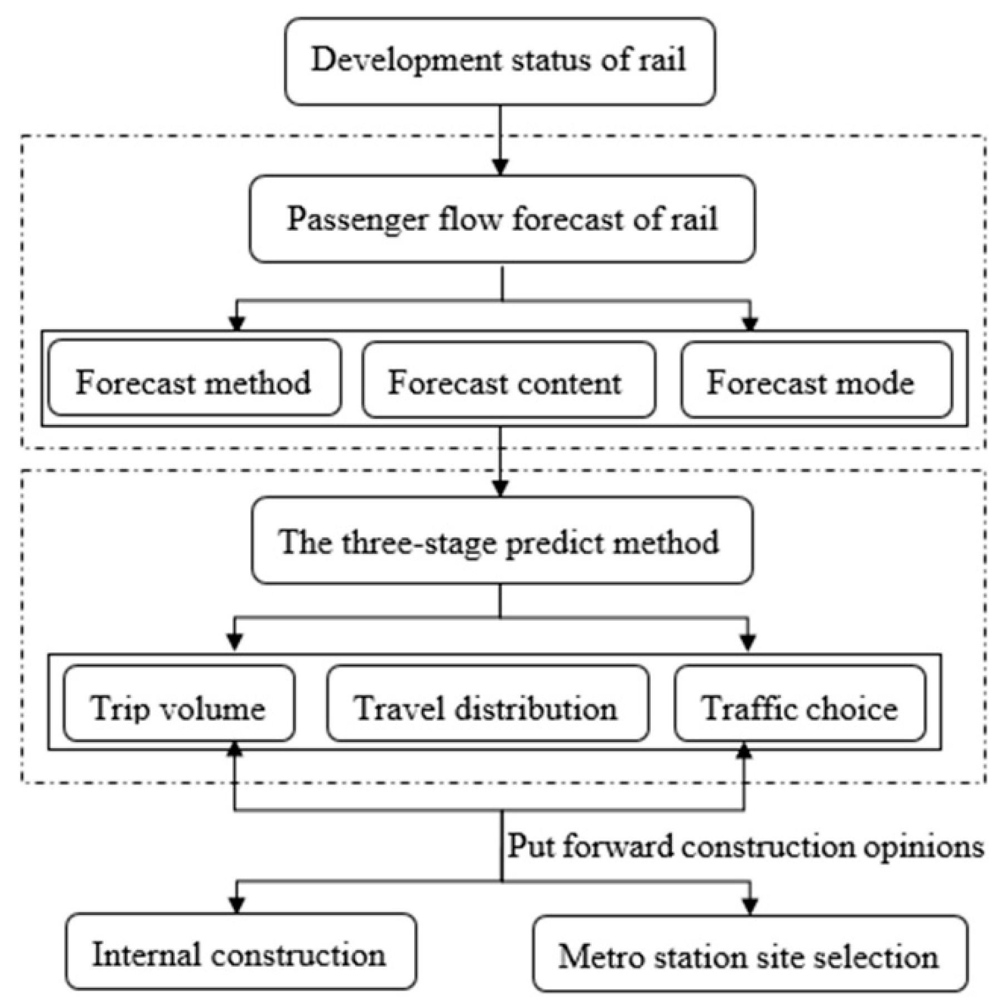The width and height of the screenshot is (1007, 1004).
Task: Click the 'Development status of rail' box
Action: coord(499,61)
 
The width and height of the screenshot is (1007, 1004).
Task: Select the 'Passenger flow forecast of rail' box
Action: coord(502,219)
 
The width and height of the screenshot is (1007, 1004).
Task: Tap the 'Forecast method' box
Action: coord(194,379)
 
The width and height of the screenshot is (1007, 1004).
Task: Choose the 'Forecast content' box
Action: coord(508,380)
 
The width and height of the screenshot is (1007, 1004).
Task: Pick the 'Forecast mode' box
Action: coord(816,380)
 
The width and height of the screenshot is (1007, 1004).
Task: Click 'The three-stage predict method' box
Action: coord(502,541)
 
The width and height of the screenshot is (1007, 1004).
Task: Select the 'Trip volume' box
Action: coord(179,704)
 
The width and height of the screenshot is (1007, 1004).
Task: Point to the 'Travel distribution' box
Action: coord(487,704)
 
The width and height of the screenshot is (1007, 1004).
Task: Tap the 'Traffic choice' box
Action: coord(800,704)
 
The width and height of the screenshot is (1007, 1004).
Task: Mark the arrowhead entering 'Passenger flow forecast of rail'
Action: coord(500,167)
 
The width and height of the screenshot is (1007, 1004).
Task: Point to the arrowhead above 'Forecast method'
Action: coord(237,323)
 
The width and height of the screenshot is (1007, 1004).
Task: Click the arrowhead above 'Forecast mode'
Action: coord(750,323)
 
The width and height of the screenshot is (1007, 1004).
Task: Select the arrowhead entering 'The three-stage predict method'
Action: coord(500,488)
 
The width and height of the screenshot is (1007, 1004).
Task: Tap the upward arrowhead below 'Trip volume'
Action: coord(235,750)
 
